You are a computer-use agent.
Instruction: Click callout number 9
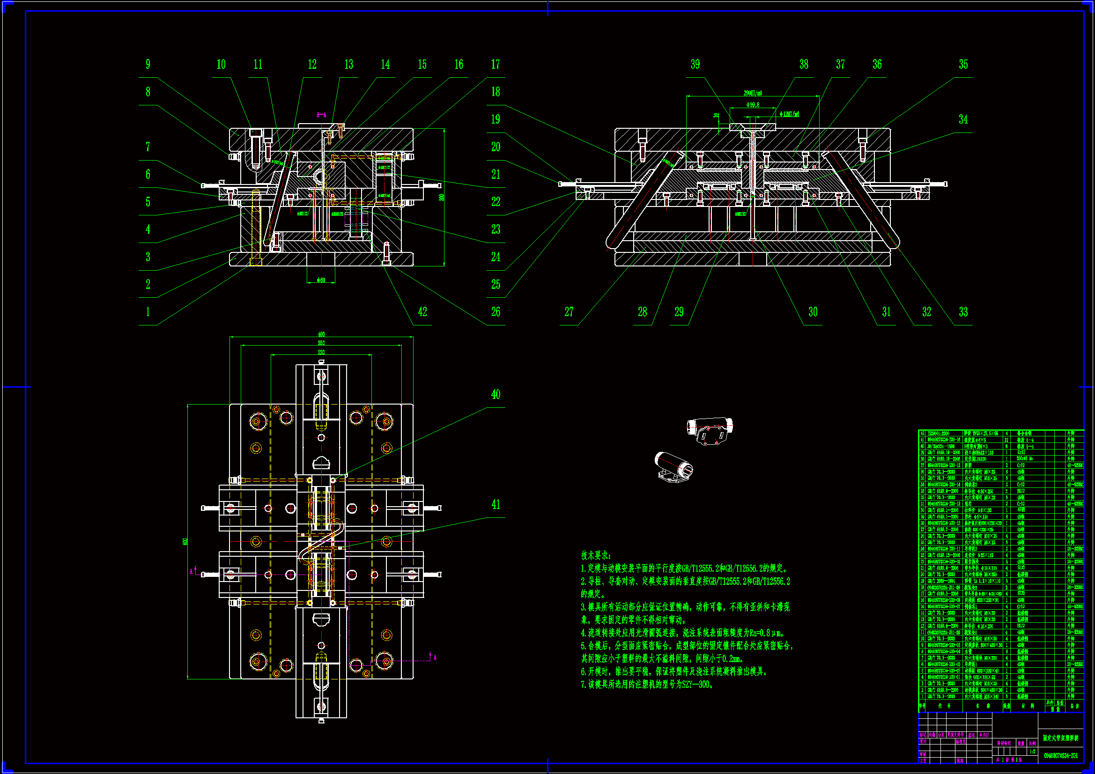point(148,64)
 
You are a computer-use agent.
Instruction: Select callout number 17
point(496,64)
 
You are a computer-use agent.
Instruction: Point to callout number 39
point(695,64)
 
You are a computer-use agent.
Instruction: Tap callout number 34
point(963,119)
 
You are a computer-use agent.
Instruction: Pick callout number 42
point(422,312)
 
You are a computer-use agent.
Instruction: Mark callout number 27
point(569,312)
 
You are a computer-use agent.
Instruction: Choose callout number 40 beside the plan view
point(496,394)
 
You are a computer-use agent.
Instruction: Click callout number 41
point(496,504)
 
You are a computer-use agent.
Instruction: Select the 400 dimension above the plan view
point(321,334)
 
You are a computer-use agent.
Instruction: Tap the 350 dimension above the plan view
point(321,343)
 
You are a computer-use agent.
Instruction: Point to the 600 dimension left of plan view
point(185,541)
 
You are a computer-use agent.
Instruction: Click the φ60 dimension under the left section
point(321,280)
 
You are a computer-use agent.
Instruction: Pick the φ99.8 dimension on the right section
point(752,105)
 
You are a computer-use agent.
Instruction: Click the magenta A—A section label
point(322,114)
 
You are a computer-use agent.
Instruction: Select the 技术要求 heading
point(595,556)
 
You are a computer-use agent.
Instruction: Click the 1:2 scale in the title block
point(1033,751)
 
